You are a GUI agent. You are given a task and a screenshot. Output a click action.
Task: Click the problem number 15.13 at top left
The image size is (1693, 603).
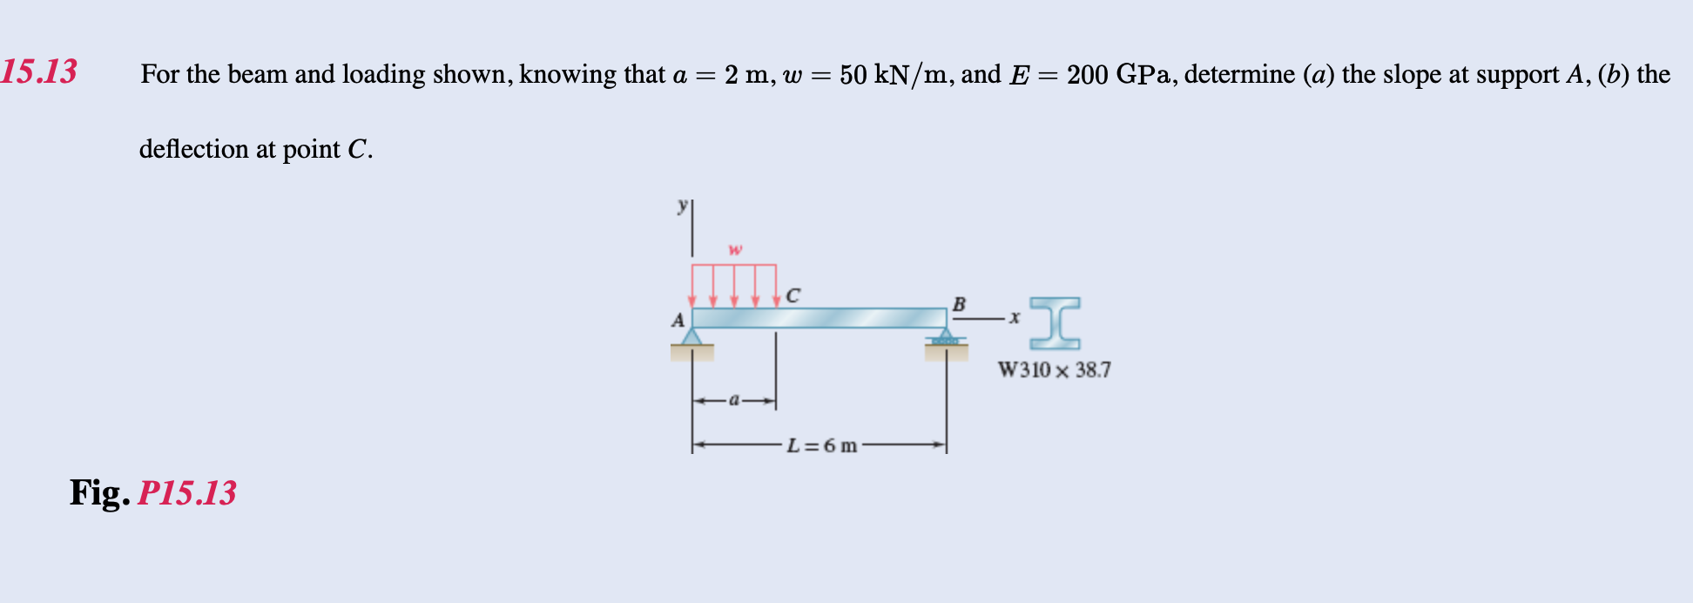(x=39, y=71)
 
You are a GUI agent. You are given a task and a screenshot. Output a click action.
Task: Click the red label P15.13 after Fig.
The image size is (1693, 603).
(x=187, y=493)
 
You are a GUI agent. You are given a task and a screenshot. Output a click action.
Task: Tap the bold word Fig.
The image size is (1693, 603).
(x=100, y=493)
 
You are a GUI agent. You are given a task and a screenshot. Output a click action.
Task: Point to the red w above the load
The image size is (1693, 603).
(x=735, y=250)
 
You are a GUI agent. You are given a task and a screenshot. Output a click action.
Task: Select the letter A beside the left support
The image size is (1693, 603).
(x=678, y=321)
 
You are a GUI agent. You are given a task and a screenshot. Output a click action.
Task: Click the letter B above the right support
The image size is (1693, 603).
(x=959, y=304)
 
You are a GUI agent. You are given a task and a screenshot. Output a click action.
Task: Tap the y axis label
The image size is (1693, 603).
(x=683, y=206)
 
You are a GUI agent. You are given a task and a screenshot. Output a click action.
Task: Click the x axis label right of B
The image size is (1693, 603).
(x=1015, y=318)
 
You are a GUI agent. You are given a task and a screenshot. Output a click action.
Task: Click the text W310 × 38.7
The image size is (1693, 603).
(x=1054, y=370)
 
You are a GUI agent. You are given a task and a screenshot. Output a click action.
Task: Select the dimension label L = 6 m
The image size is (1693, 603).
(x=821, y=446)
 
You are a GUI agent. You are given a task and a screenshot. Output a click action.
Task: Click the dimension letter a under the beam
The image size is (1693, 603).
(x=734, y=400)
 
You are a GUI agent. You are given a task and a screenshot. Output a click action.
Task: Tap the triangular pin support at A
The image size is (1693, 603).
(x=692, y=337)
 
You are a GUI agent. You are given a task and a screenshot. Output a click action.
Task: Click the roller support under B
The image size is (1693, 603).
(x=946, y=338)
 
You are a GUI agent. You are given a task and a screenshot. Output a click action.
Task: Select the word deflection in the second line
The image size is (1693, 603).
(x=194, y=149)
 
